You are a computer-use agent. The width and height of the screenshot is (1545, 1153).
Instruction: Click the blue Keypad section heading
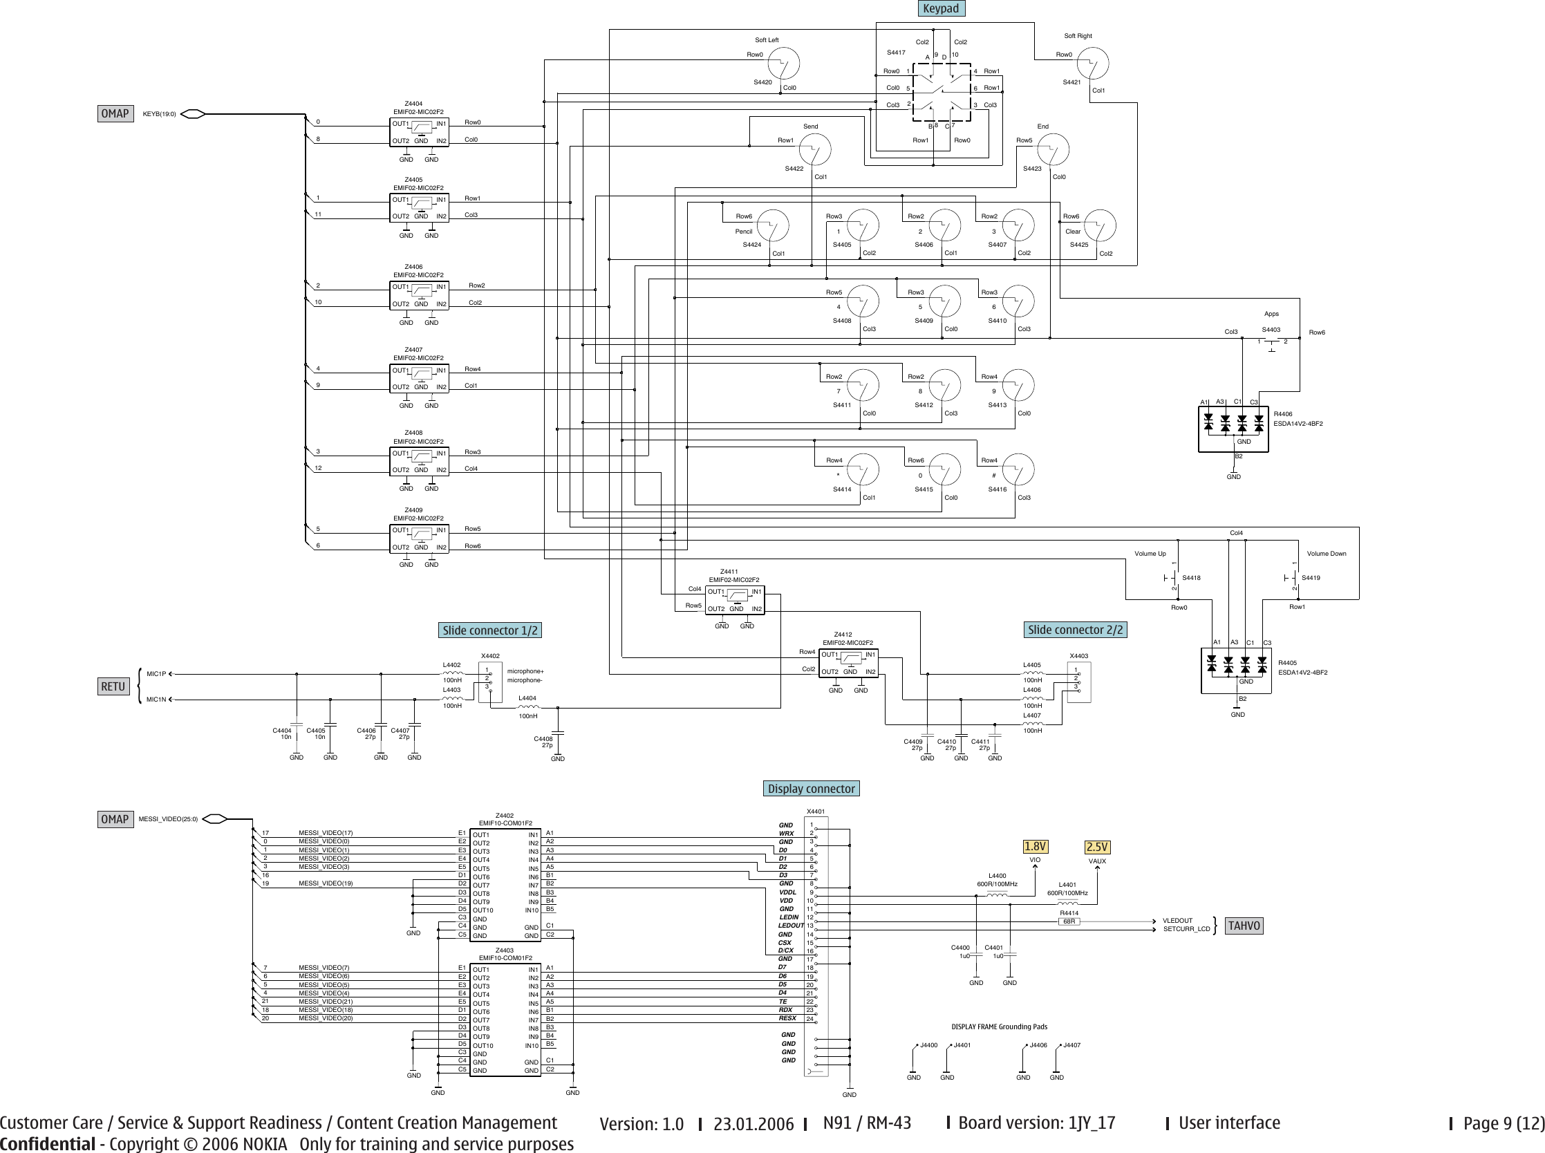(940, 8)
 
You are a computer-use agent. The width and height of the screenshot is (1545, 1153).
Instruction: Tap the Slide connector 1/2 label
(490, 630)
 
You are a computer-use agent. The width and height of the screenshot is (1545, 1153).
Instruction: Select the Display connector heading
(810, 789)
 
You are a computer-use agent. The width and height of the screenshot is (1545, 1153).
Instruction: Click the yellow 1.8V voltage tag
(1036, 847)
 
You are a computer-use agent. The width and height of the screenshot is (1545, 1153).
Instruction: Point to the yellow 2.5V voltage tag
(1097, 847)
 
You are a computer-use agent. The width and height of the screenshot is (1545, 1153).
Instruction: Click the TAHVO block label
(1244, 926)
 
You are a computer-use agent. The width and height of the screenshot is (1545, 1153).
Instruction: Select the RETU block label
(113, 686)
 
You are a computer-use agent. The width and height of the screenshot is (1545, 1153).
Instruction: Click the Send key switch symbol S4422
(814, 150)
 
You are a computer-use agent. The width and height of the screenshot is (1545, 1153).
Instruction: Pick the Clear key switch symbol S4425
(1100, 225)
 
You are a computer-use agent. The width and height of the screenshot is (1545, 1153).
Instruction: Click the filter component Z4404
(419, 132)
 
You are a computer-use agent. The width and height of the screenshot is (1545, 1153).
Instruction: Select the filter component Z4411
(735, 600)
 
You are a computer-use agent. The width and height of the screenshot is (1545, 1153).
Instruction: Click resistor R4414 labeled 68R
(1069, 921)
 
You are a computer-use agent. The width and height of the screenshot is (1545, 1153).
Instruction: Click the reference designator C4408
(543, 738)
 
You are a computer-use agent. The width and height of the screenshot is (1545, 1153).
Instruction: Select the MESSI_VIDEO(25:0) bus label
(168, 819)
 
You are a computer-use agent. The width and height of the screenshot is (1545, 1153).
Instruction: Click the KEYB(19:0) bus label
(159, 114)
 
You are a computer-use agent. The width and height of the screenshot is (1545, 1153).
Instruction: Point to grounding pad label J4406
(1038, 1044)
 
